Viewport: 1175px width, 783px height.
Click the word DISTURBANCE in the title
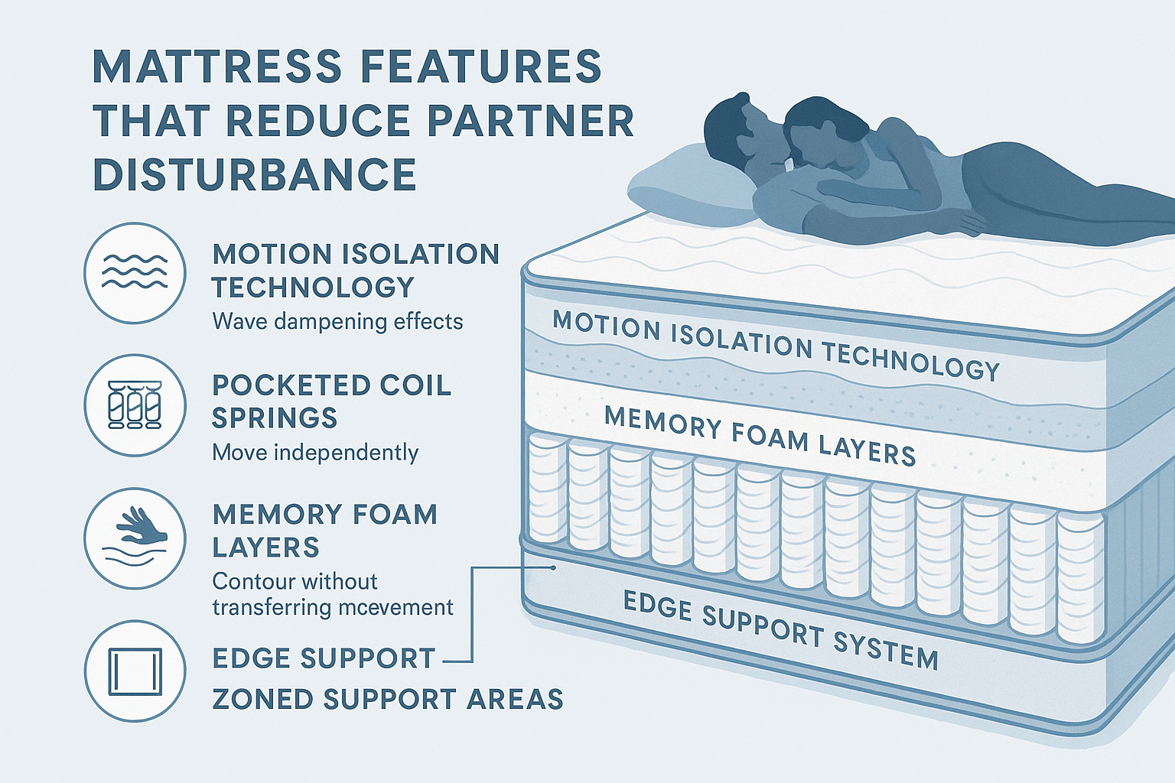[x=255, y=174]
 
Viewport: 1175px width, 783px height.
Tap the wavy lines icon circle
[x=135, y=272]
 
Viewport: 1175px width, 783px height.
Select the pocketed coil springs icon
[x=135, y=404]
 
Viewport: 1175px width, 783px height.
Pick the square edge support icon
[x=135, y=671]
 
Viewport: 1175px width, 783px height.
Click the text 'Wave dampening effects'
[x=337, y=321]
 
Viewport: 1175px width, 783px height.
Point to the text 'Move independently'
[x=315, y=453]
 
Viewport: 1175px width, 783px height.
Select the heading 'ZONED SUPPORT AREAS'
[x=387, y=700]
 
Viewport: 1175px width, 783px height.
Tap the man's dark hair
[x=727, y=115]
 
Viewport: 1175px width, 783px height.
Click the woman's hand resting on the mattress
[x=965, y=223]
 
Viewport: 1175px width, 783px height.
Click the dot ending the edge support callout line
[x=553, y=567]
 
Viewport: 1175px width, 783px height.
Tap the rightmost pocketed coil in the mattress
[x=1080, y=577]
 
